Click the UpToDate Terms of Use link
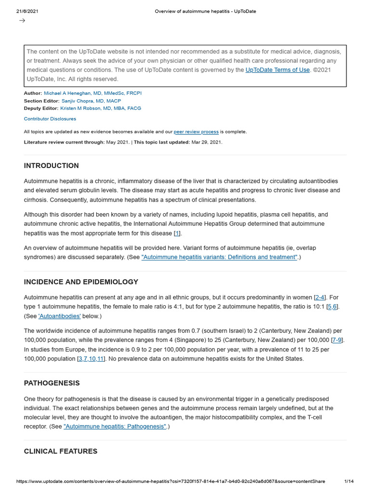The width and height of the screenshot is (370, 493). click(x=277, y=70)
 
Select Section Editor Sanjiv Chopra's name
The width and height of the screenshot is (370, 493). click(x=91, y=101)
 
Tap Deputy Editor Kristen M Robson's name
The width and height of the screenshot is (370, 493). click(x=101, y=108)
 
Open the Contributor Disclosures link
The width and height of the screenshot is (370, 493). click(x=50, y=118)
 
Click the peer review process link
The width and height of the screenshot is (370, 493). click(x=196, y=131)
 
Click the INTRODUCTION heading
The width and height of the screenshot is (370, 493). click(x=51, y=166)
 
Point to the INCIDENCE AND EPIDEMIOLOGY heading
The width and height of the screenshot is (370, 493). click(x=81, y=282)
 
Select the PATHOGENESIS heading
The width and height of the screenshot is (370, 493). click(x=52, y=383)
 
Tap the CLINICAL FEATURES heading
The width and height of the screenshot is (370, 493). click(x=61, y=451)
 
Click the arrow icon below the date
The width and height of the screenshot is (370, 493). click(x=22, y=20)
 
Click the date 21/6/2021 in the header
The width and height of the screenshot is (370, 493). click(x=27, y=12)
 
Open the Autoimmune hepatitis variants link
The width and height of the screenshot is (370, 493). click(x=220, y=257)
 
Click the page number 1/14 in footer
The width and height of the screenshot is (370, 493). click(x=349, y=481)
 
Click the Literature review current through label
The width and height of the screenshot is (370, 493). click(x=64, y=142)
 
